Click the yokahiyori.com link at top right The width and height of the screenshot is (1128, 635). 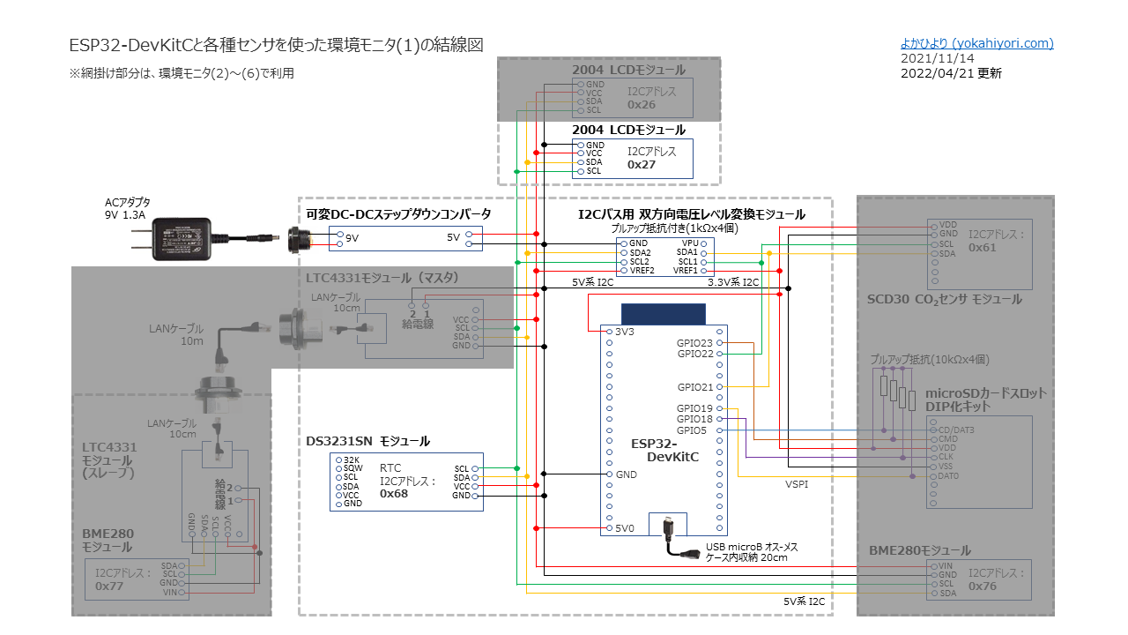976,43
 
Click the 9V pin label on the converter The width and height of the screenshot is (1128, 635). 352,238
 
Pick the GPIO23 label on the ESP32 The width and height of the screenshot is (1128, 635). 695,342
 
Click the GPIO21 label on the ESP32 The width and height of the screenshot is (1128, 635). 695,387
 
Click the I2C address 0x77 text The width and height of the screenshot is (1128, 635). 109,586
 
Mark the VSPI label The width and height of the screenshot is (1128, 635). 797,484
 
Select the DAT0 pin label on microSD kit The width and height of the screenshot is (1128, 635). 949,476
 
